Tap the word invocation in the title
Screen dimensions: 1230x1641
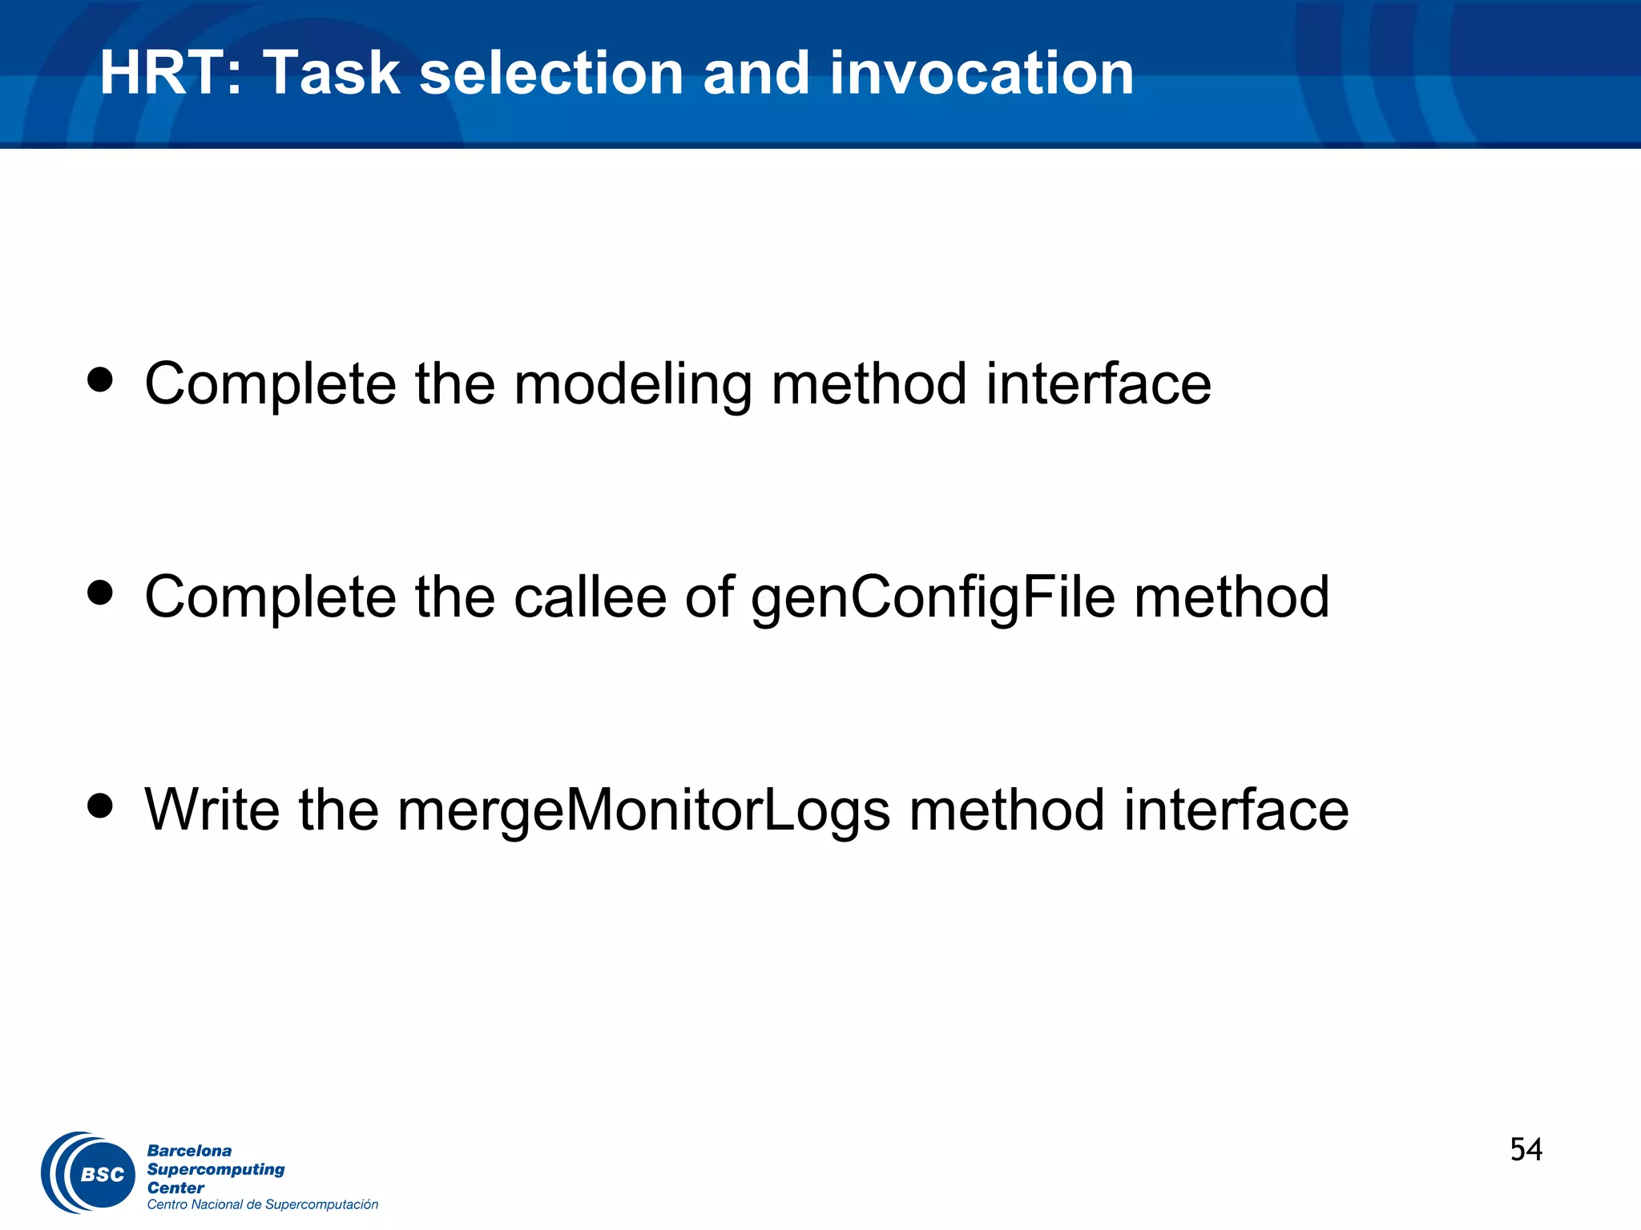[982, 74]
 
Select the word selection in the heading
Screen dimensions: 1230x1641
[550, 74]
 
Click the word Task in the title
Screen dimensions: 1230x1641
[332, 74]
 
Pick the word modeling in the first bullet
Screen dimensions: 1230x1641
[632, 384]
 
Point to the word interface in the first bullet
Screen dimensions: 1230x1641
[1098, 384]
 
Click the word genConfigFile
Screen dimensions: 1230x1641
[933, 598]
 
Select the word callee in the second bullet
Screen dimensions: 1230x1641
[590, 598]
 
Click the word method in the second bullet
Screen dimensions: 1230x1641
[1232, 598]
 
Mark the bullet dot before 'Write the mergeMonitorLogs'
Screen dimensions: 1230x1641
[100, 806]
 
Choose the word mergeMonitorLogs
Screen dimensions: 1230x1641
[643, 811]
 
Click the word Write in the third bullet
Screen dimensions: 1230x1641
[212, 811]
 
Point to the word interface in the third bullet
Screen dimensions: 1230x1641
[1236, 811]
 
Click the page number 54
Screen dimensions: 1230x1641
[1526, 1150]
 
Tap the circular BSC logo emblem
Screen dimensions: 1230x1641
[88, 1173]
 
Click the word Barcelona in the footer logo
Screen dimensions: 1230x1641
[189, 1151]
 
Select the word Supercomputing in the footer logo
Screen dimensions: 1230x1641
[216, 1169]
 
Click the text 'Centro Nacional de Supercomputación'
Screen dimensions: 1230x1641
[262, 1204]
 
